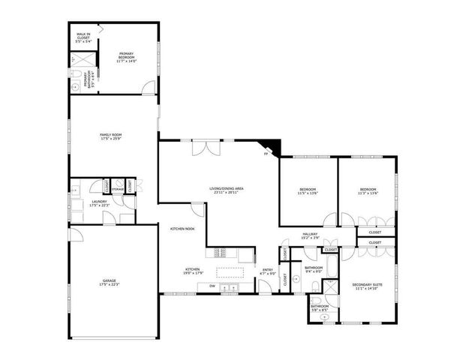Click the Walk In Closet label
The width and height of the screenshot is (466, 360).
(x=83, y=38)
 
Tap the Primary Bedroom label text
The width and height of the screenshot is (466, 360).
(x=126, y=57)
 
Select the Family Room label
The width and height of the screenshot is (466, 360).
(x=111, y=137)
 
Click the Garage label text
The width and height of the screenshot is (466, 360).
(x=110, y=283)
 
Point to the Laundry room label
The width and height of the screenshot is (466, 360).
(x=99, y=202)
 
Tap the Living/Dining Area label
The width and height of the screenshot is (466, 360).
(x=228, y=190)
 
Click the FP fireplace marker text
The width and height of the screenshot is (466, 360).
(x=266, y=154)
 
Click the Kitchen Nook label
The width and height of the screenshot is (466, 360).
(x=182, y=229)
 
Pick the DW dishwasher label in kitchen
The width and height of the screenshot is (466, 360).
(x=212, y=286)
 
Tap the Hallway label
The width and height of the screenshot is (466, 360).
(x=310, y=235)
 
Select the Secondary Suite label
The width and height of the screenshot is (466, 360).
(x=367, y=286)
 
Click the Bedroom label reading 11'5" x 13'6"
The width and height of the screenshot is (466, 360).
(x=308, y=190)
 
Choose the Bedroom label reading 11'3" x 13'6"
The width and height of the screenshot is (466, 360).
(x=367, y=190)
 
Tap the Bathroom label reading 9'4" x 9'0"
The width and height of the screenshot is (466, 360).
(x=314, y=270)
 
